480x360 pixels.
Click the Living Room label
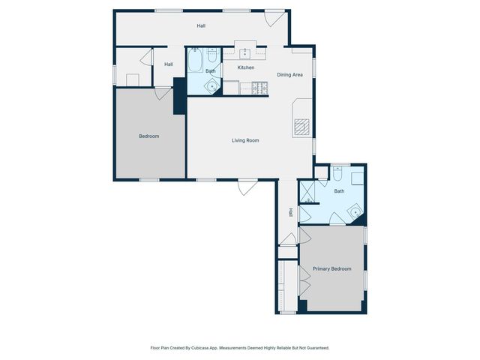244,140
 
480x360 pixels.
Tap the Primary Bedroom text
332,268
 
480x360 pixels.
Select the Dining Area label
289,74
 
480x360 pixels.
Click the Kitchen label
246,67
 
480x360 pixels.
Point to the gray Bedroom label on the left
149,136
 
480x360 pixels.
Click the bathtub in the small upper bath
195,60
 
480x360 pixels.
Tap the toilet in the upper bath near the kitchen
212,55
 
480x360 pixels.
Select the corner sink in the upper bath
213,87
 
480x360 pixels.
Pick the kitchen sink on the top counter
245,52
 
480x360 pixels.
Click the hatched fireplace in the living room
301,127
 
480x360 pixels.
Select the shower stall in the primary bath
306,191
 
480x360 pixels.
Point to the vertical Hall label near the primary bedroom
290,212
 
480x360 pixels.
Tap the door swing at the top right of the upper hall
271,19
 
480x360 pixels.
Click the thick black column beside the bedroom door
179,95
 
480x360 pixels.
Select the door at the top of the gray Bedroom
163,93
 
